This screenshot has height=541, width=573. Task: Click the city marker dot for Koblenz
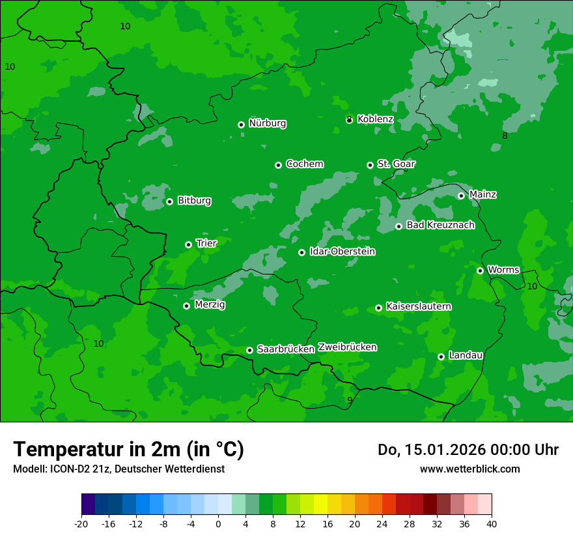(x=349, y=120)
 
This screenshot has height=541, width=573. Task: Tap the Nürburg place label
(x=267, y=123)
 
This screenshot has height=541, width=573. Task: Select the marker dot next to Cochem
(x=278, y=165)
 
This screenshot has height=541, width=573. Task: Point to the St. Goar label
(x=396, y=164)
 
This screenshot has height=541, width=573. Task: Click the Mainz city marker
(x=461, y=196)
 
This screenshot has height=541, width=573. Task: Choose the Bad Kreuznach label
(x=440, y=225)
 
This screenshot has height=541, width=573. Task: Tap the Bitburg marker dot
(x=169, y=201)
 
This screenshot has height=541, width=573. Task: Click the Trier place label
(x=206, y=243)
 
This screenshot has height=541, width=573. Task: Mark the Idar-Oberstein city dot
(x=301, y=252)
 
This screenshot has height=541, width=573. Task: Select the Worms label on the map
(x=503, y=269)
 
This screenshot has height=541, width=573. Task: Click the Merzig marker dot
(x=186, y=306)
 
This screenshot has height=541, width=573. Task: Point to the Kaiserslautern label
(x=418, y=306)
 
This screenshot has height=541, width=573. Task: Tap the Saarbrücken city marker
(x=249, y=350)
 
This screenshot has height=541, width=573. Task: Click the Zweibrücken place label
(x=347, y=347)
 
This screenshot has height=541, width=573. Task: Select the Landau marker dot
(x=441, y=357)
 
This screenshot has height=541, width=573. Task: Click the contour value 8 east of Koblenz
(x=505, y=136)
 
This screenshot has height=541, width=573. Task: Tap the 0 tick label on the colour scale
(x=218, y=524)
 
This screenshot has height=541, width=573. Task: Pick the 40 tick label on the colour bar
(x=491, y=524)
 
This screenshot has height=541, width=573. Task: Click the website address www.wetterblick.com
(x=469, y=469)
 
